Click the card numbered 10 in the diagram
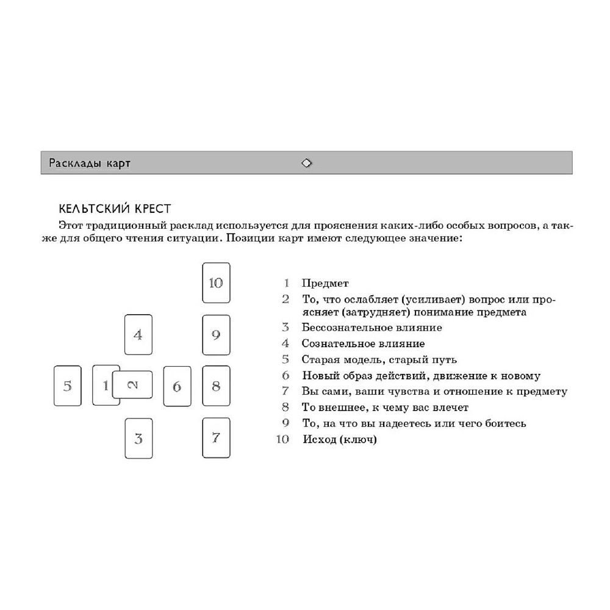(216, 283)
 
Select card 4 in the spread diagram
(138, 334)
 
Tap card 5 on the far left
(67, 386)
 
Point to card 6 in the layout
(177, 386)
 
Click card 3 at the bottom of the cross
(138, 438)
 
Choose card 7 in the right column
(216, 437)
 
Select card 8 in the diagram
(216, 386)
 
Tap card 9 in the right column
(216, 335)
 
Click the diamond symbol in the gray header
(306, 163)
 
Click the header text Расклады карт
(90, 163)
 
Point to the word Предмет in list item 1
(325, 284)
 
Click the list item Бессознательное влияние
(371, 328)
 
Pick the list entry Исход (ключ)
(339, 439)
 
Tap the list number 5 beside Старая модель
(285, 360)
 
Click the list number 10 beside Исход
(282, 439)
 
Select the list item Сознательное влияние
(363, 344)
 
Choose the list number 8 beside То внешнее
(285, 407)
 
